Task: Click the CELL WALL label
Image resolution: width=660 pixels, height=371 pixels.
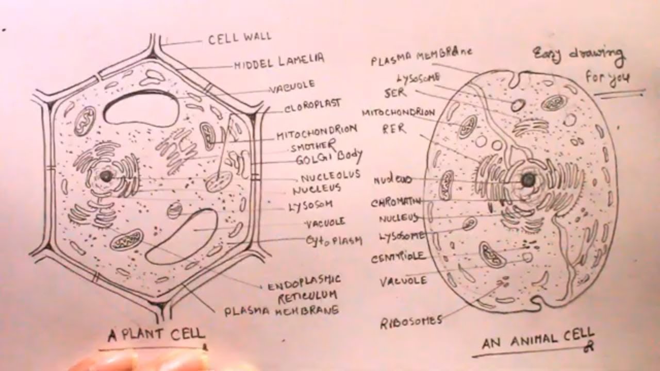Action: pos(239,38)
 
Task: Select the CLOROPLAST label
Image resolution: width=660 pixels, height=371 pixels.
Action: pos(312,105)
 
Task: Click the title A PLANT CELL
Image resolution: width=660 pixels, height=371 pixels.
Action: pos(156,335)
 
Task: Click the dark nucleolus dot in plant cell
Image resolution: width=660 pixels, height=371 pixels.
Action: pos(106,176)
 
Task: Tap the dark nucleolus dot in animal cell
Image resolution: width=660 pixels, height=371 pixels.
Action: pos(527,180)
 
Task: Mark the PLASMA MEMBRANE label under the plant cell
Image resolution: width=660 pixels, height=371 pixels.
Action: pos(281,311)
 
